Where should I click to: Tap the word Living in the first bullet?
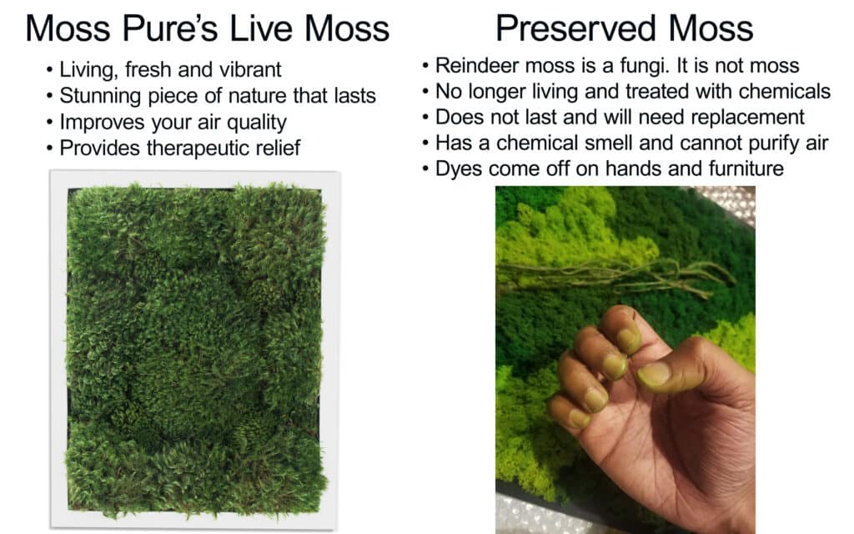(x=88, y=70)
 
